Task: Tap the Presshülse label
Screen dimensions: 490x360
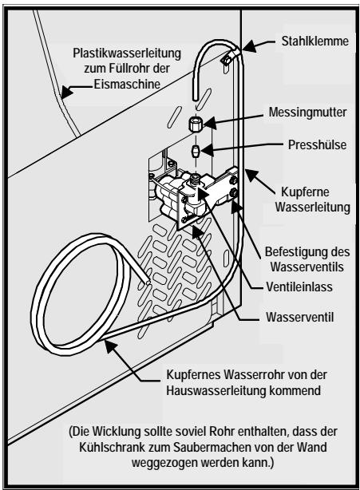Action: pyautogui.click(x=309, y=146)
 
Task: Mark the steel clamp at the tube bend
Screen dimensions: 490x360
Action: pyautogui.click(x=228, y=58)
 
